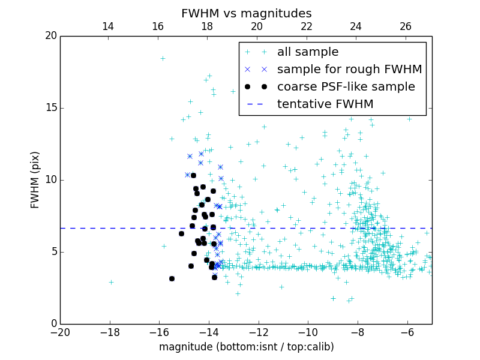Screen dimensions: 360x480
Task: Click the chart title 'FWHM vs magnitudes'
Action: (246, 13)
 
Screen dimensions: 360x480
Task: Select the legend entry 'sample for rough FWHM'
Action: (349, 70)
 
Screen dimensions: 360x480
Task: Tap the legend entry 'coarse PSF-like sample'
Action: (346, 87)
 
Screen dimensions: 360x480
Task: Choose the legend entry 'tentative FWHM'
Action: (325, 104)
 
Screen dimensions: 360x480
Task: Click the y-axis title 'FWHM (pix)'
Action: (35, 180)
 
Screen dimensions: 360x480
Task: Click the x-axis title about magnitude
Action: (246, 347)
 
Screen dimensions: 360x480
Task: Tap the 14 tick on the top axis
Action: (108, 26)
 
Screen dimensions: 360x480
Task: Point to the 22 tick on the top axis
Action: (307, 26)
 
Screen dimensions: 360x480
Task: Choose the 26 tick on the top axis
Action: (406, 26)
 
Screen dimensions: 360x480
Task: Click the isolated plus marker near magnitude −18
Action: (111, 282)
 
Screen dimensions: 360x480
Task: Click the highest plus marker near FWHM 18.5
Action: (163, 58)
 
